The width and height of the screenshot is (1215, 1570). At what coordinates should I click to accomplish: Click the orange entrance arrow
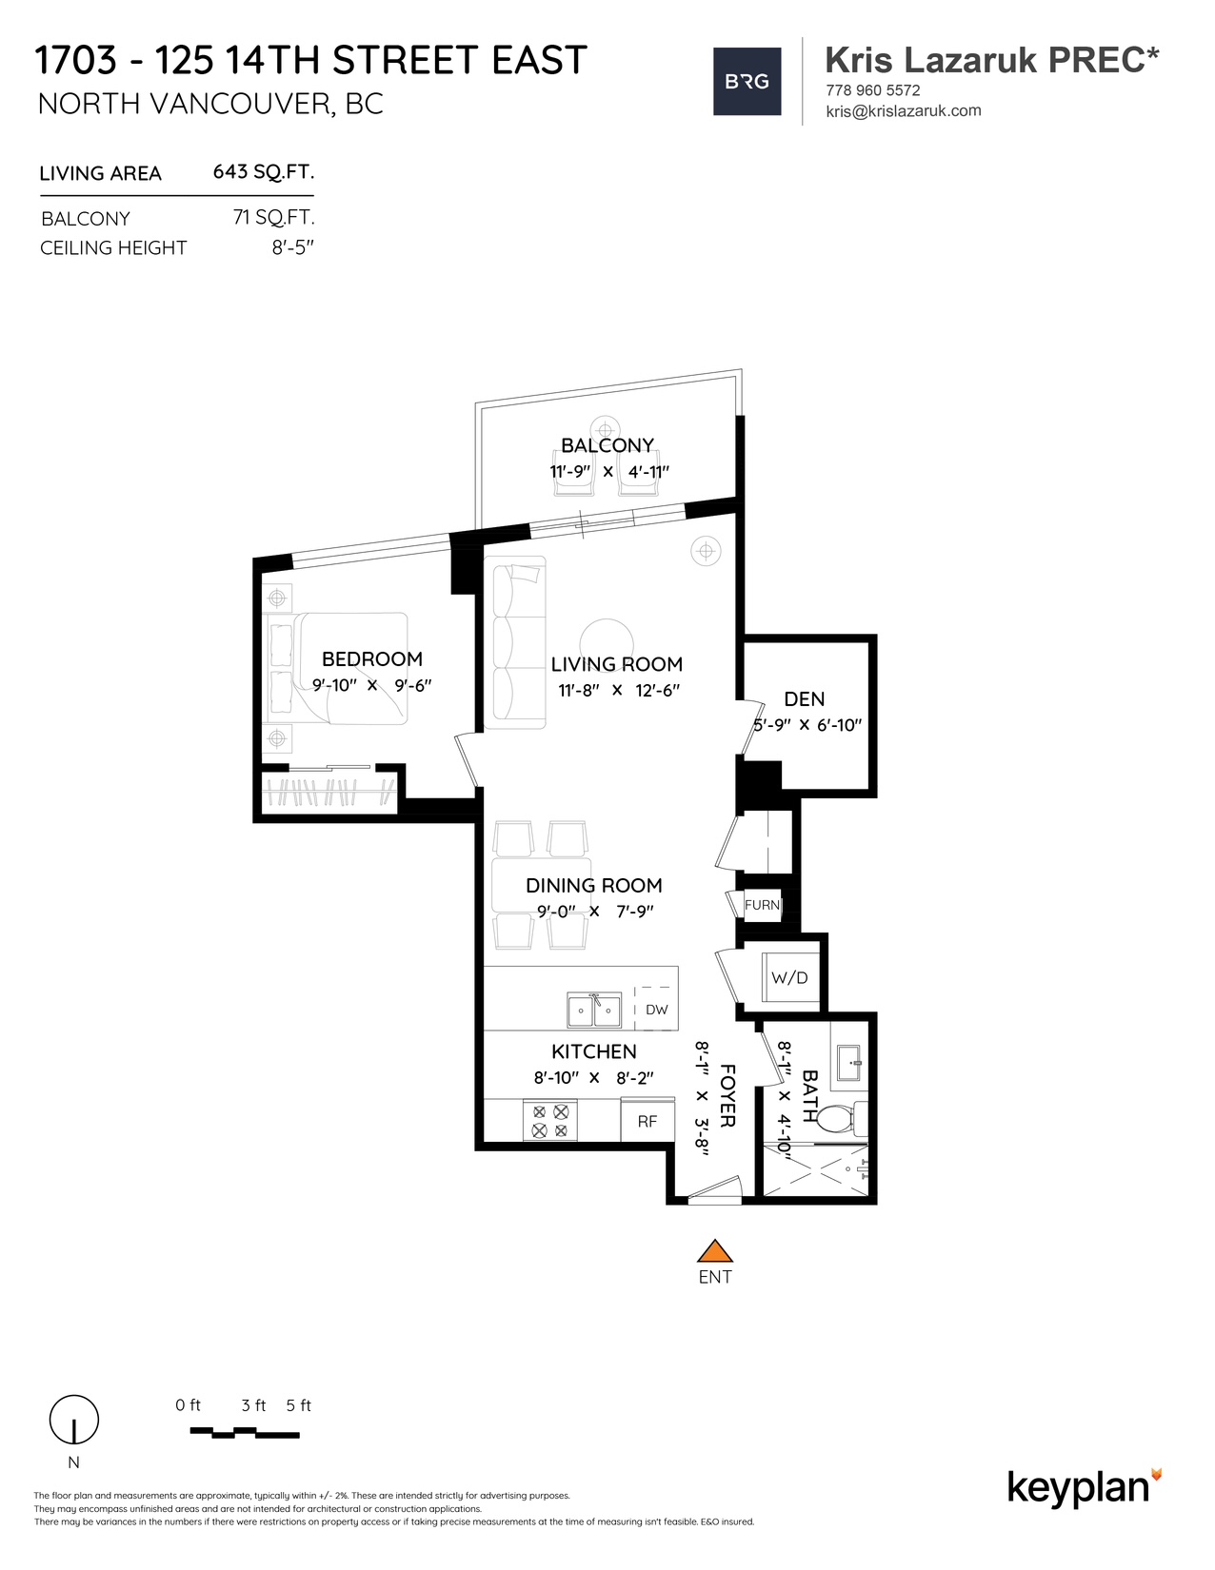click(x=714, y=1250)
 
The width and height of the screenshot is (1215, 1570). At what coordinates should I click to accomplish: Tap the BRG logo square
click(x=747, y=82)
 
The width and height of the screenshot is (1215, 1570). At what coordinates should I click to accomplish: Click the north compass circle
click(x=73, y=1420)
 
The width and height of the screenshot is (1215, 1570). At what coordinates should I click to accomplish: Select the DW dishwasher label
click(x=656, y=1010)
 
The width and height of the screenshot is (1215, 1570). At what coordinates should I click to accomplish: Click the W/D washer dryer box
click(x=788, y=977)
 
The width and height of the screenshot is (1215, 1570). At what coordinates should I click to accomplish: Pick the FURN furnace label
click(x=762, y=905)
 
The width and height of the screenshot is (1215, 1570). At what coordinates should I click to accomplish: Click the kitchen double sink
click(x=594, y=1010)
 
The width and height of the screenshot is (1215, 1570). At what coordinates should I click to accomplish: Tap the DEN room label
click(x=804, y=698)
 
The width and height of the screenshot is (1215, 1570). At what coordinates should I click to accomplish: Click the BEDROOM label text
click(x=372, y=658)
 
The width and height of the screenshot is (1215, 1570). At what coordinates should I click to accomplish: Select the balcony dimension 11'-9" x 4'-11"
click(x=609, y=472)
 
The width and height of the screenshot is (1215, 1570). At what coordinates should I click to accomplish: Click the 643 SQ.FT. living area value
click(x=263, y=172)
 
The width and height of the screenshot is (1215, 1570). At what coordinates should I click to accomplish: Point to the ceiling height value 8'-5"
click(x=292, y=247)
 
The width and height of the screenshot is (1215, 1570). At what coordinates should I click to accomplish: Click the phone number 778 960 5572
click(x=872, y=90)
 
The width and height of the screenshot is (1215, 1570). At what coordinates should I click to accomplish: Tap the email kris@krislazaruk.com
click(x=904, y=110)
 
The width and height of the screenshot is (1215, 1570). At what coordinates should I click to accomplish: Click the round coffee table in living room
click(x=607, y=644)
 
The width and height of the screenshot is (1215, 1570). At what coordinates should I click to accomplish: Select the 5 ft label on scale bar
click(x=298, y=1405)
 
